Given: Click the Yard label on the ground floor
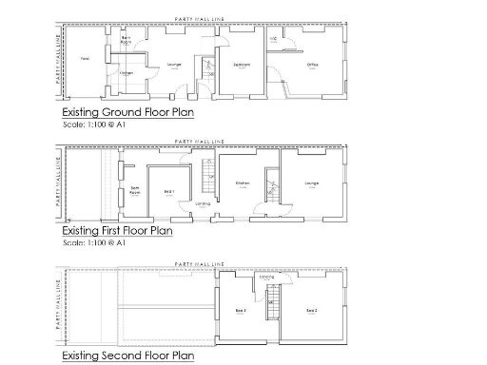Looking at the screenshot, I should pos(85,58).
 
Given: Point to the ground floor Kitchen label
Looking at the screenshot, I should pos(126,72).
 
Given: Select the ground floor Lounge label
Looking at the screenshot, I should pos(174,65).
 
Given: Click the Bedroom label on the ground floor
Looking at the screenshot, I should pos(242,65).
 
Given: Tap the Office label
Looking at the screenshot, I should pos(312,65).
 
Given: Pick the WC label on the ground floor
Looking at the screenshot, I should pos(274,39).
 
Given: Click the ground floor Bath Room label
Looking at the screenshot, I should pos(126,41).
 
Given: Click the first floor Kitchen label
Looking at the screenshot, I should pos(242,182).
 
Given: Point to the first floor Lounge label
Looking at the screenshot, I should pos(311,182).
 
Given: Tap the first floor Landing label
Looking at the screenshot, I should pos(203,203).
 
